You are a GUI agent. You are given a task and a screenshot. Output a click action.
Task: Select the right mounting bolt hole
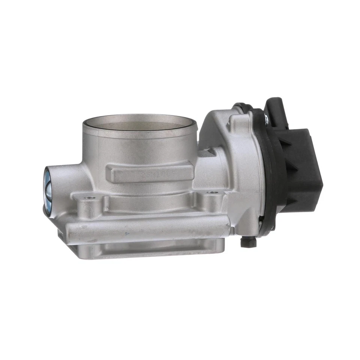(x=213, y=193)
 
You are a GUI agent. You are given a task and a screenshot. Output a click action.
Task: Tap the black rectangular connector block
(x=304, y=169)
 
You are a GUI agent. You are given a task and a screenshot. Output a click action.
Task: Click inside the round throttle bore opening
(x=139, y=125)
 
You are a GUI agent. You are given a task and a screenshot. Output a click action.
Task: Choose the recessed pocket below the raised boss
(x=150, y=202)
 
